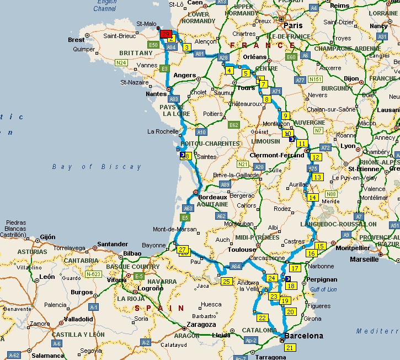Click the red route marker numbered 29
pyautogui.click(x=166, y=34)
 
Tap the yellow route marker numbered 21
pyautogui.click(x=290, y=347)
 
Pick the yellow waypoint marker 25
pyautogui.click(x=226, y=282)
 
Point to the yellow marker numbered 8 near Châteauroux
pyautogui.click(x=267, y=99)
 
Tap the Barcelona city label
pyautogui.click(x=303, y=336)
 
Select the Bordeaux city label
pyautogui.click(x=212, y=197)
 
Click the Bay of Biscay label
pyautogui.click(x=97, y=167)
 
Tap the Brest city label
pyautogui.click(x=76, y=40)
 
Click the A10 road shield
pyautogui.click(x=201, y=132)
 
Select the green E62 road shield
pyautogui.click(x=234, y=125)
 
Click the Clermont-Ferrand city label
pyautogui.click(x=277, y=156)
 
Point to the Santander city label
pyautogui.click(x=113, y=243)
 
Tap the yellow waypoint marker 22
pyautogui.click(x=262, y=317)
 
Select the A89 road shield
pyautogui.click(x=224, y=184)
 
